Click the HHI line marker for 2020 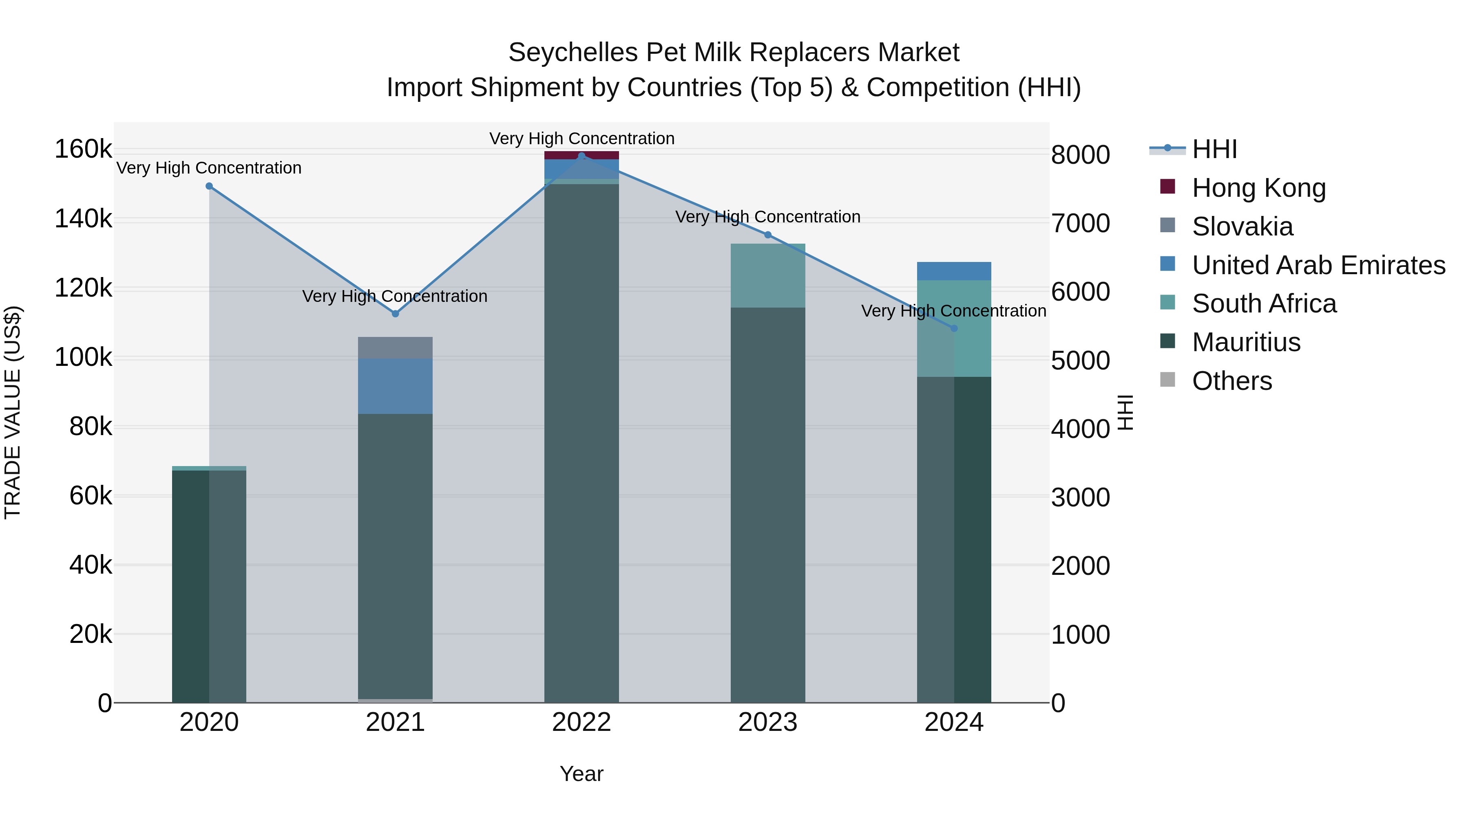(x=209, y=186)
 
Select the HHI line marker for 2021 (x=396, y=314)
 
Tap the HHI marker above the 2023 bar (x=767, y=235)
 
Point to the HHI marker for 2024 (x=954, y=328)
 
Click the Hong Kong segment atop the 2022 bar (x=581, y=155)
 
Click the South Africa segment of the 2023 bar (x=767, y=275)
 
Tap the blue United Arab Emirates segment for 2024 (x=954, y=271)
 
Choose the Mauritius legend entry (x=1246, y=342)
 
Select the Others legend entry (x=1231, y=381)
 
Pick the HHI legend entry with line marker (x=1214, y=149)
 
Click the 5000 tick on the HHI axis (x=1080, y=361)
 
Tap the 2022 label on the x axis (x=581, y=722)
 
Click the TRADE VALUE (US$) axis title (x=13, y=412)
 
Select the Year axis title (x=581, y=774)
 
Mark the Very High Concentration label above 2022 (x=581, y=139)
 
